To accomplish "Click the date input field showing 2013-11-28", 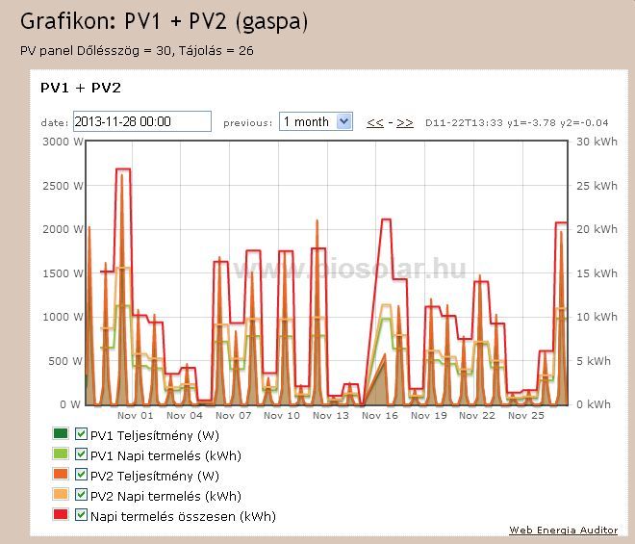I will pos(141,121).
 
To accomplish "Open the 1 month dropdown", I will pos(316,121).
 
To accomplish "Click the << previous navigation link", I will pos(374,122).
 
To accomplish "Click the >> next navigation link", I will pos(405,122).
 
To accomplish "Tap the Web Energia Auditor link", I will pos(563,531).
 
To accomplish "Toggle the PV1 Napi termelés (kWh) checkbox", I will pos(82,454).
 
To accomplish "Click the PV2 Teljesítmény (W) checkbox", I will pos(82,475).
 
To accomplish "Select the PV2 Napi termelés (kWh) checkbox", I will pos(82,496).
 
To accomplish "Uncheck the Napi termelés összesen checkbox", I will pos(82,516).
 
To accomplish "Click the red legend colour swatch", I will pos(62,516).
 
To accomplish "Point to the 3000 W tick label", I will pos(63,142).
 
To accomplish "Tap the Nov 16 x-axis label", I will pos(379,416).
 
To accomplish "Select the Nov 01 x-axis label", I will pos(135,416).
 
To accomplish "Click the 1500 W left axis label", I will pos(63,273).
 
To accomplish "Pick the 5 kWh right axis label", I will pos(594,361).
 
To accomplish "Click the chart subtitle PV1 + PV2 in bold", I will pos(80,88).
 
